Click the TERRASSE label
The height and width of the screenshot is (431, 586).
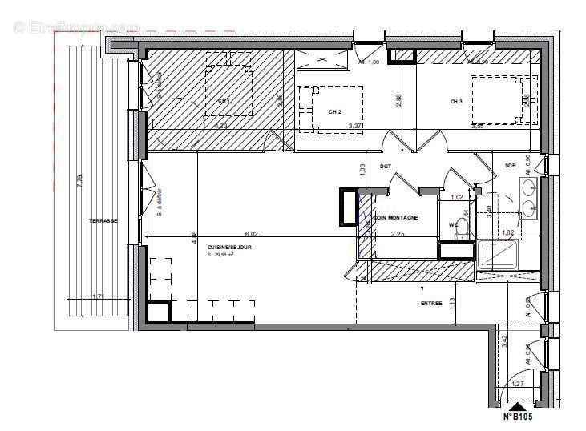(x=103, y=220)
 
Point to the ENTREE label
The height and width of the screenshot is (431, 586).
(x=431, y=304)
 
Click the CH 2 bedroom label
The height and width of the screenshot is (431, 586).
(x=335, y=112)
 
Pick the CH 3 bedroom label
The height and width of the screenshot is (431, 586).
(x=456, y=102)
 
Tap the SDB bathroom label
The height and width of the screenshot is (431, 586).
(x=510, y=166)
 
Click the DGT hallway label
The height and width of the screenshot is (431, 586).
(x=386, y=166)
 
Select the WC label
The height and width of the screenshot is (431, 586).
(x=453, y=224)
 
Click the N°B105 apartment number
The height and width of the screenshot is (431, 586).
(x=519, y=416)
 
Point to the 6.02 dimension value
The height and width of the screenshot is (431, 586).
(x=251, y=234)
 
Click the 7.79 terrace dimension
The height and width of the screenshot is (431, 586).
(x=79, y=182)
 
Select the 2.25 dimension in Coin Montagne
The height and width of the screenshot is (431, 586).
(x=398, y=234)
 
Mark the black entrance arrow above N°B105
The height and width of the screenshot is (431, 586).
(x=519, y=405)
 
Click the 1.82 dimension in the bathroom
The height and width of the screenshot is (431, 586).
(x=507, y=233)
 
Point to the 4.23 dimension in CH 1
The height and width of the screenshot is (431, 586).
(x=220, y=125)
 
